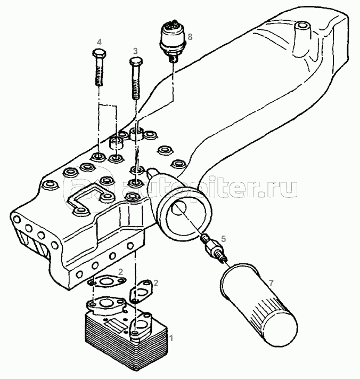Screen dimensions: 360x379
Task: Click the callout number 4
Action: (99, 42)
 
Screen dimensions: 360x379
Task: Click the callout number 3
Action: (135, 51)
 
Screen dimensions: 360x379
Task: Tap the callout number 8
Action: (190, 37)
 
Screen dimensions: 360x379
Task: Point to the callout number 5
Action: (223, 239)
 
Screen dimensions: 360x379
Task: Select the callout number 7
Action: (271, 283)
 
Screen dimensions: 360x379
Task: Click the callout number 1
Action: (171, 338)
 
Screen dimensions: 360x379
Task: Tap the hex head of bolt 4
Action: (99, 53)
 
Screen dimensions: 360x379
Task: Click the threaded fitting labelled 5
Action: (214, 249)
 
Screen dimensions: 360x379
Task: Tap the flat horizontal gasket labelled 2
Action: (107, 281)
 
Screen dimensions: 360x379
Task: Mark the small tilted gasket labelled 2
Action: (141, 291)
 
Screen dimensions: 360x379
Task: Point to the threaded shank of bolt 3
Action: (136, 82)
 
